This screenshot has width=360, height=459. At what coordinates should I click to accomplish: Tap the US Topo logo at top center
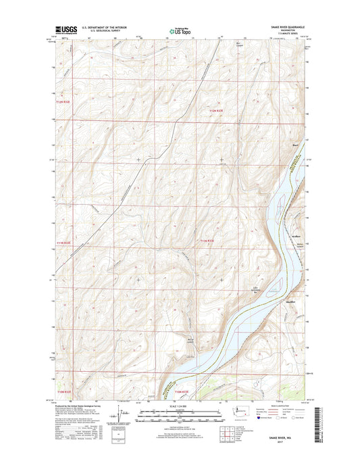point(179,30)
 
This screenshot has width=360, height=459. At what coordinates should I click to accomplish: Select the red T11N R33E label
point(207,241)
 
